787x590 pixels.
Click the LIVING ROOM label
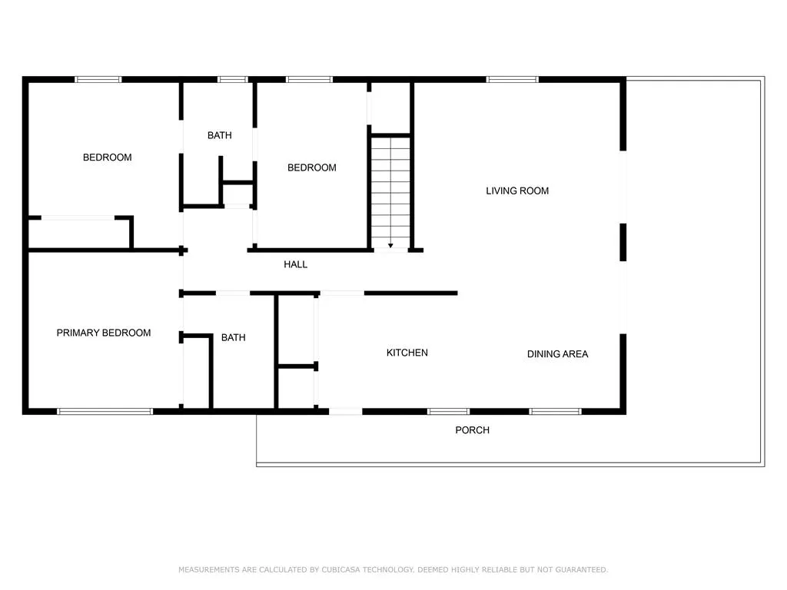pos(517,191)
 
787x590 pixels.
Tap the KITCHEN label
pos(407,353)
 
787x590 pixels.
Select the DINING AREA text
pos(557,353)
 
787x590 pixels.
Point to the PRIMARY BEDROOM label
pos(104,333)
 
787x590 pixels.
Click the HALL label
pos(295,264)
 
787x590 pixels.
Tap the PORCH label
pos(472,430)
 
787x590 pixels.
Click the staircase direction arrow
pos(390,246)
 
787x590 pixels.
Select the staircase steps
pos(390,192)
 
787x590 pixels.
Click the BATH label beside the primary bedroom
pos(234,338)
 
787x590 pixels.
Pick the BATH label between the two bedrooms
pos(219,135)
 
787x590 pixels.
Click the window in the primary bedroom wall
pos(105,412)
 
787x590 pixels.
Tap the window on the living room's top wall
pos(512,79)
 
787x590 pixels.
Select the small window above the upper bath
pos(232,79)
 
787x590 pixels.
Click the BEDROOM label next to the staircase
pos(312,167)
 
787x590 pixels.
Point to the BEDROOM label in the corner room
pos(108,157)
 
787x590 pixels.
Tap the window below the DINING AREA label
pos(555,412)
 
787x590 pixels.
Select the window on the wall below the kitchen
pos(449,412)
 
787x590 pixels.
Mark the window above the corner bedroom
pos(98,79)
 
